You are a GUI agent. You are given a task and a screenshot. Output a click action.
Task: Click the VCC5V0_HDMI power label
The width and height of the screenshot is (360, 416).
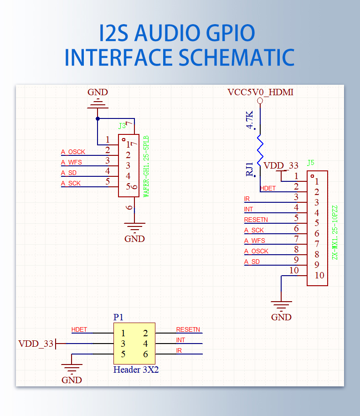pyautogui.click(x=260, y=92)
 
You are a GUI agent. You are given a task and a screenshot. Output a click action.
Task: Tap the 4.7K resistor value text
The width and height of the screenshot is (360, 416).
pyautogui.click(x=250, y=120)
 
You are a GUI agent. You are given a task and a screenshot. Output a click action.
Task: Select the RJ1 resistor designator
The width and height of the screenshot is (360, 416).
pyautogui.click(x=249, y=169)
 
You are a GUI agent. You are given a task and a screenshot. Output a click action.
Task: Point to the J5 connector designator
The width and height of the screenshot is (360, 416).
pyautogui.click(x=311, y=163)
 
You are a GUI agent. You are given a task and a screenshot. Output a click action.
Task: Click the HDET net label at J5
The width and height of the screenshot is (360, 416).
pyautogui.click(x=267, y=188)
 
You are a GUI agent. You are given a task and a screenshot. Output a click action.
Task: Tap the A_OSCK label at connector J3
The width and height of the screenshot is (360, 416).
pyautogui.click(x=73, y=152)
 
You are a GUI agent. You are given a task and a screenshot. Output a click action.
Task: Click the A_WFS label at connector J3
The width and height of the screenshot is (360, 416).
pyautogui.click(x=71, y=162)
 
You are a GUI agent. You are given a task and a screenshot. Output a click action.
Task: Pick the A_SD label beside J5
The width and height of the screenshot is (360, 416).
pyautogui.click(x=252, y=262)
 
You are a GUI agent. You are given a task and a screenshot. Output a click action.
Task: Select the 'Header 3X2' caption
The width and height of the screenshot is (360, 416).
pyautogui.click(x=136, y=370)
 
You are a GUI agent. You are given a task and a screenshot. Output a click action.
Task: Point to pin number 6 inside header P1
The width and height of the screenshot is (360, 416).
pyautogui.click(x=145, y=354)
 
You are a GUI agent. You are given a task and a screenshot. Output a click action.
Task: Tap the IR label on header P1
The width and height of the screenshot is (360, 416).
pyautogui.click(x=179, y=350)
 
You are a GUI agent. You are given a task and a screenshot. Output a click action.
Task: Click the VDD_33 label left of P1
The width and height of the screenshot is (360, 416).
pyautogui.click(x=36, y=344)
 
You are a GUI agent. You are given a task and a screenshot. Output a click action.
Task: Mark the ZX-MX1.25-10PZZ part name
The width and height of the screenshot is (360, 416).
pyautogui.click(x=335, y=233)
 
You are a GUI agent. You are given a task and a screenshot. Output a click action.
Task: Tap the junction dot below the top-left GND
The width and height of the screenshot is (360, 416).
pyautogui.click(x=98, y=118)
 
